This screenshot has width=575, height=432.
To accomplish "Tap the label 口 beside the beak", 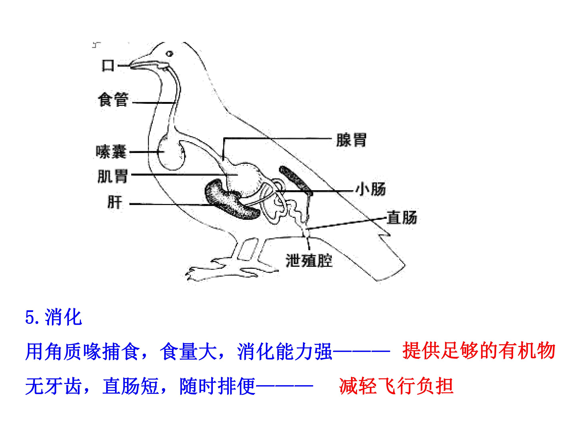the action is coord(108,65).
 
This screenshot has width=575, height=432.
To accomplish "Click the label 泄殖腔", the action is coord(309,260).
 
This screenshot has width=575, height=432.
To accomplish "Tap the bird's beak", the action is coord(148,65).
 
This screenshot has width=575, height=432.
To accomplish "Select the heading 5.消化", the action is coord(54,317).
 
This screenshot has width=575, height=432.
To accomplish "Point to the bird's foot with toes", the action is coord(229,271).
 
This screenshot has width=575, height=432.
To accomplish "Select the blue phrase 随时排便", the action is coord(218,386).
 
